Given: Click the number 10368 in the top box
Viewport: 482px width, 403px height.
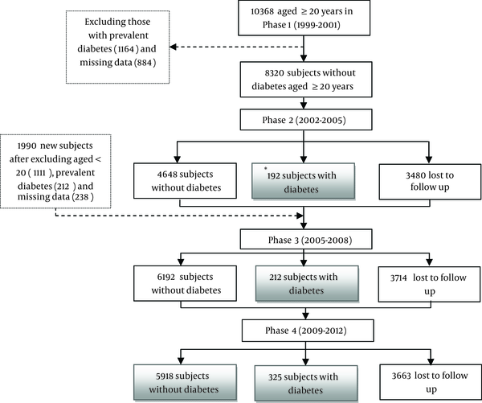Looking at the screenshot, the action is [x=262, y=12].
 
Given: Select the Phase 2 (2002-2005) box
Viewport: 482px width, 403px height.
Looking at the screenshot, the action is [x=306, y=120].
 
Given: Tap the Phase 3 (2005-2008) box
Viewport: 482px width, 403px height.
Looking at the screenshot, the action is [x=306, y=239].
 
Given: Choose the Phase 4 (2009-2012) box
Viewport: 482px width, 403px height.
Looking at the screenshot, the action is [x=308, y=331].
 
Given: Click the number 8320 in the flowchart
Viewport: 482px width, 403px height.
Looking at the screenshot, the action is [x=275, y=73].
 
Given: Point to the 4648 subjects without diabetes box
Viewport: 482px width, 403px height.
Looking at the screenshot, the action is [x=185, y=181].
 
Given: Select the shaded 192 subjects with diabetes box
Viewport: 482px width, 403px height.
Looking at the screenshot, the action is [x=304, y=181].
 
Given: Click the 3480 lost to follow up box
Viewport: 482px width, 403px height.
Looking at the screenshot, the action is [x=430, y=182].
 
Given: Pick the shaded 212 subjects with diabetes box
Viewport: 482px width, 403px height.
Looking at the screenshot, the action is [x=307, y=283].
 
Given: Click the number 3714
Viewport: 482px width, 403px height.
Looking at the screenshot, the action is [x=398, y=278].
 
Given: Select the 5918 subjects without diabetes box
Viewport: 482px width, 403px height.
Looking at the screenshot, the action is [x=185, y=383].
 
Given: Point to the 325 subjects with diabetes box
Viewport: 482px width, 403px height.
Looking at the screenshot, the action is [x=306, y=384].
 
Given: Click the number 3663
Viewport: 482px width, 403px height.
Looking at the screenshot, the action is [x=401, y=376].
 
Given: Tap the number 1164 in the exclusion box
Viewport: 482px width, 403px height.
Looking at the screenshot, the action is [x=126, y=49].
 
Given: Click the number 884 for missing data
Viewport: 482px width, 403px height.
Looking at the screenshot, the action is [x=145, y=63].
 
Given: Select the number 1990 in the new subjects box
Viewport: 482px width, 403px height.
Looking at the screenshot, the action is [x=27, y=146].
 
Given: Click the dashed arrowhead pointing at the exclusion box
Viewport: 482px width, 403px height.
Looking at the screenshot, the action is [x=173, y=47].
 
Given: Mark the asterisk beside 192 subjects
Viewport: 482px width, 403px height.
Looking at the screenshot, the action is [x=266, y=168].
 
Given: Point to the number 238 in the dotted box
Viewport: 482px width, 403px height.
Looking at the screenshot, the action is [x=83, y=196].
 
